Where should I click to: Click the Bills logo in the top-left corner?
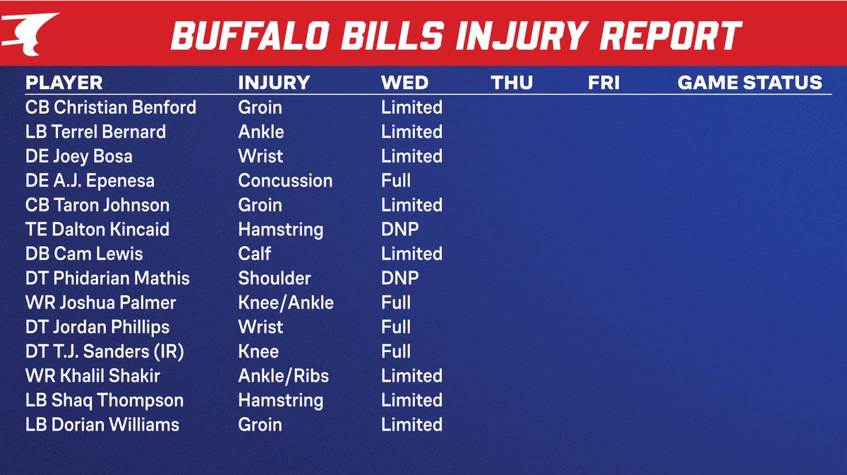coord(30,33)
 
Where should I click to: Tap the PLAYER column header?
coord(64,83)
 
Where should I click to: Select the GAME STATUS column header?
coord(750,83)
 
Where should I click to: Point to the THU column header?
coord(512,83)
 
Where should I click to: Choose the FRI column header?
coord(603,83)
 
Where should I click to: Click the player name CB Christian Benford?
coord(111,107)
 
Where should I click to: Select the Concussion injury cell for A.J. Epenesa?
coord(285,180)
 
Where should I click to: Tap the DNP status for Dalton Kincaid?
coord(400,229)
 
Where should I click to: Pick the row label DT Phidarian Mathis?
coord(107,278)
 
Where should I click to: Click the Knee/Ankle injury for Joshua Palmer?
coord(286,303)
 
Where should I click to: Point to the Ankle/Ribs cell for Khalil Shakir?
coord(284,375)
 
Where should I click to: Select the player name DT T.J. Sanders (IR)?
coord(105,351)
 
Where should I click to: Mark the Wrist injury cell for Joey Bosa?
coord(260,156)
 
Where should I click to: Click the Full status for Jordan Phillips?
coord(396,327)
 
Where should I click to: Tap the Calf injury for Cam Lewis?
coord(255,254)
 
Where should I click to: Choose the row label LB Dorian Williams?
coord(102,424)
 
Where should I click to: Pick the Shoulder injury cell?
coord(275,278)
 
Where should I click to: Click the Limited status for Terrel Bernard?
coord(412,131)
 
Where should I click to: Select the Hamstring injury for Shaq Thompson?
coord(281,400)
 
